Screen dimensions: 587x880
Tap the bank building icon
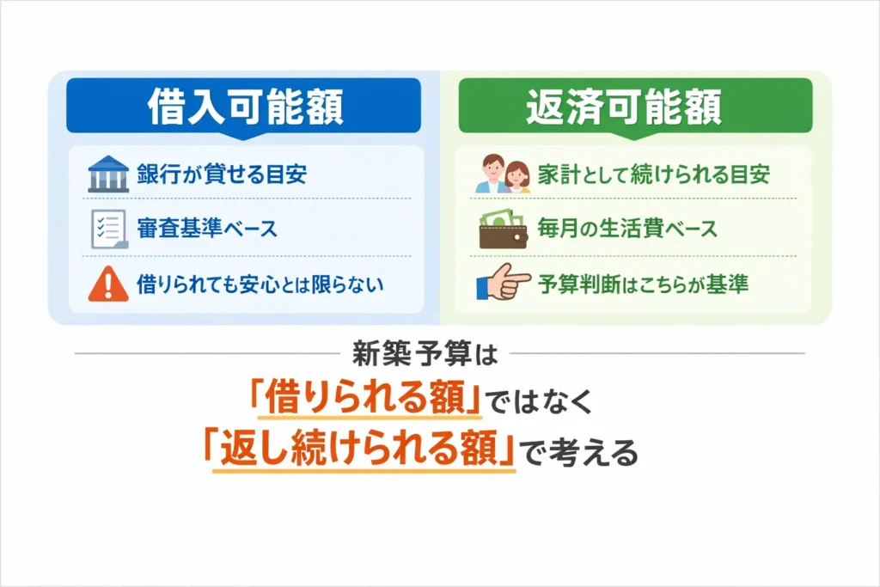click(x=107, y=175)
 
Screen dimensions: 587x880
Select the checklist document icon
click(x=107, y=229)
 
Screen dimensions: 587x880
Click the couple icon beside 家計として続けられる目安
click(x=503, y=175)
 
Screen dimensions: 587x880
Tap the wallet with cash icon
click(x=502, y=229)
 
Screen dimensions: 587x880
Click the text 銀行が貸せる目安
click(x=221, y=175)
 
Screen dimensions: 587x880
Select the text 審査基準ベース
click(x=206, y=229)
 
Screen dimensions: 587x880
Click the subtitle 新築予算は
click(x=439, y=353)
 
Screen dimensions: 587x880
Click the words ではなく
click(x=540, y=401)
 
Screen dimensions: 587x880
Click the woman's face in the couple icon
click(x=517, y=172)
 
